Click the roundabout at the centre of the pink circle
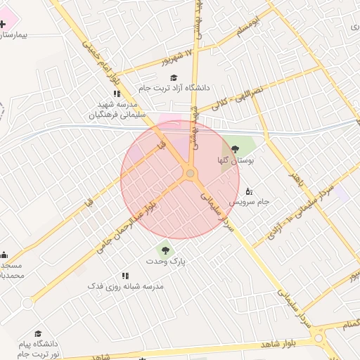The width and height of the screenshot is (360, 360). tap(190, 174)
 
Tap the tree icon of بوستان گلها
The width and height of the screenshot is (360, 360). tap(235, 149)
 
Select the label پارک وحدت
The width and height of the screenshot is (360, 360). tap(165, 261)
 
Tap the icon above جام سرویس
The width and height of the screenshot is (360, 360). tap(248, 191)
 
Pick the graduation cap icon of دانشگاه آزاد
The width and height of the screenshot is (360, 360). tap(174, 77)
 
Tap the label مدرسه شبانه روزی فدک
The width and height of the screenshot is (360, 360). tap(125, 286)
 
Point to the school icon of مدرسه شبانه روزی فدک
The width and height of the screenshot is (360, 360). tap(125, 276)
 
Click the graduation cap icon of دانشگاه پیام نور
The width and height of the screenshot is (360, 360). tap(39, 333)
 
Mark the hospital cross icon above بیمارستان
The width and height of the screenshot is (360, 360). tap(3, 23)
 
